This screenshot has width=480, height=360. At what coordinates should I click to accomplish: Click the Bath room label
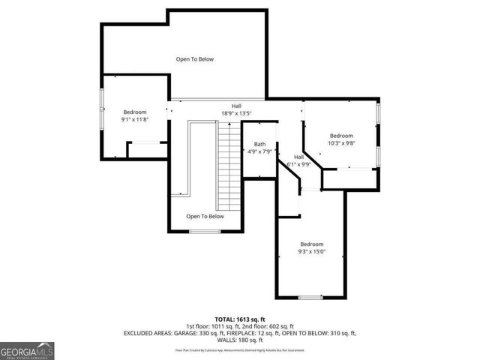pos(259,144)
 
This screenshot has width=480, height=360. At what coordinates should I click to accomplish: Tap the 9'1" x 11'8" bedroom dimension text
pos(135,119)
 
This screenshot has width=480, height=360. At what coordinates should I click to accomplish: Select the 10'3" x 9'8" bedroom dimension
pos(341,143)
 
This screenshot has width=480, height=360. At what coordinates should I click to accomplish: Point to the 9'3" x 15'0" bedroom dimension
pos(311,252)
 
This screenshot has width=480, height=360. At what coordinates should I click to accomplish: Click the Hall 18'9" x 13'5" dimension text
pos(236,114)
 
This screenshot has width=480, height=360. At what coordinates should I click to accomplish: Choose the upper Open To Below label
pos(195,58)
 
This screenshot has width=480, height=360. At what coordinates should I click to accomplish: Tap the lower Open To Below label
pos(205,217)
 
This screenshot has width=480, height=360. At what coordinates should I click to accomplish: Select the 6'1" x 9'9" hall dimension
pos(299,164)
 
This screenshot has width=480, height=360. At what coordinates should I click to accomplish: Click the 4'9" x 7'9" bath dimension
pos(259,152)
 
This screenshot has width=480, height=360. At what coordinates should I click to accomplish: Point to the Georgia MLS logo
pos(27,350)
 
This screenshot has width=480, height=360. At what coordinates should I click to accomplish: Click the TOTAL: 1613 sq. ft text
pos(240,319)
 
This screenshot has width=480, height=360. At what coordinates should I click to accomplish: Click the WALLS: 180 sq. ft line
pos(240,340)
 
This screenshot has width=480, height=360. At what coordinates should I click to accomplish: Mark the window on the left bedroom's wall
pos(103,109)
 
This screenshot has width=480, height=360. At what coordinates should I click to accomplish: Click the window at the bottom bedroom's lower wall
pos(310,298)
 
